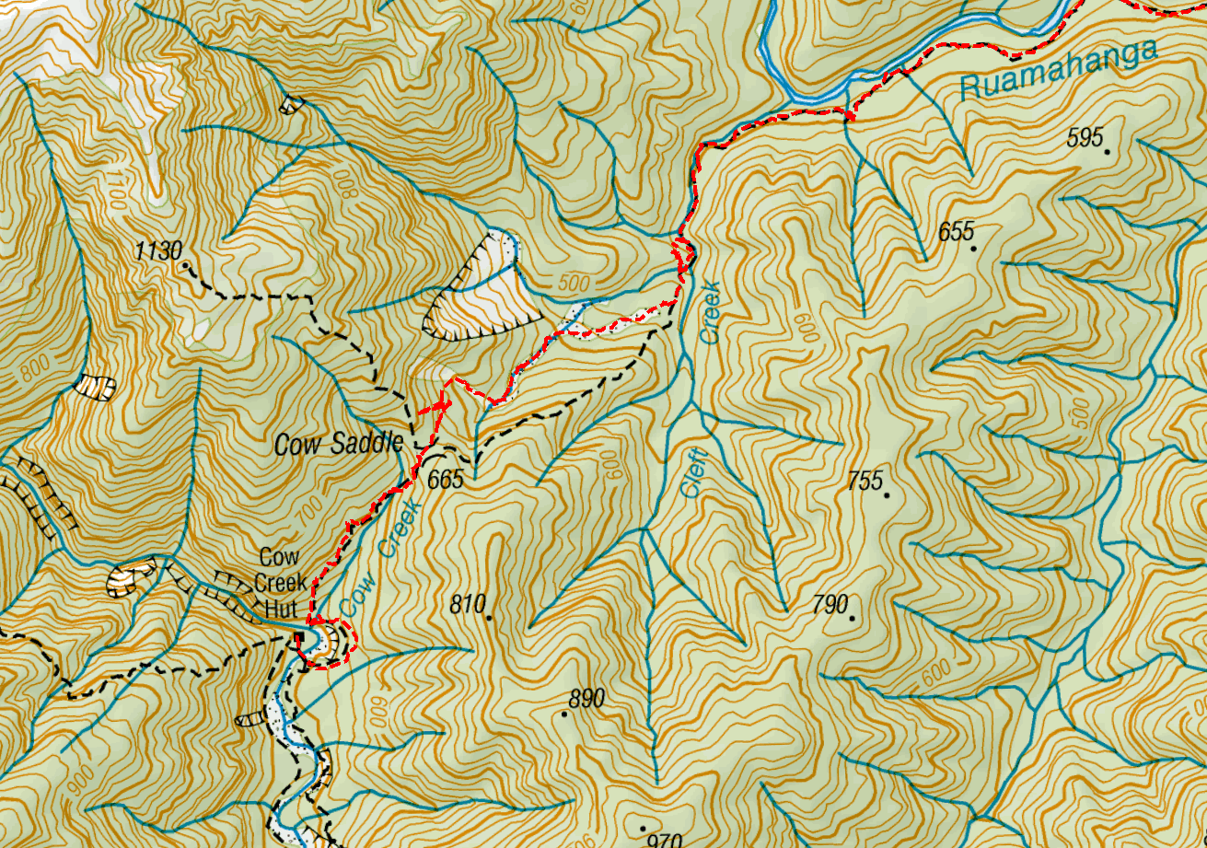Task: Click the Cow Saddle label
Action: (340, 446)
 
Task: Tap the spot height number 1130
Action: (158, 251)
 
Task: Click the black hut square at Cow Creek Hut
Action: (299, 638)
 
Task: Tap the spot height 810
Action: (467, 605)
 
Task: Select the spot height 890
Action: (586, 699)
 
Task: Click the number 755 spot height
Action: (865, 480)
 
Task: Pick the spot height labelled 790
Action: (830, 604)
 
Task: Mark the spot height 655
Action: (957, 231)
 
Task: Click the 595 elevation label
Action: (1085, 138)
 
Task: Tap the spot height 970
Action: (664, 839)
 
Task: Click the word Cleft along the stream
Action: (696, 471)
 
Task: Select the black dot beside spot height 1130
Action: (186, 264)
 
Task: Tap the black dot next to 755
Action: (887, 494)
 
